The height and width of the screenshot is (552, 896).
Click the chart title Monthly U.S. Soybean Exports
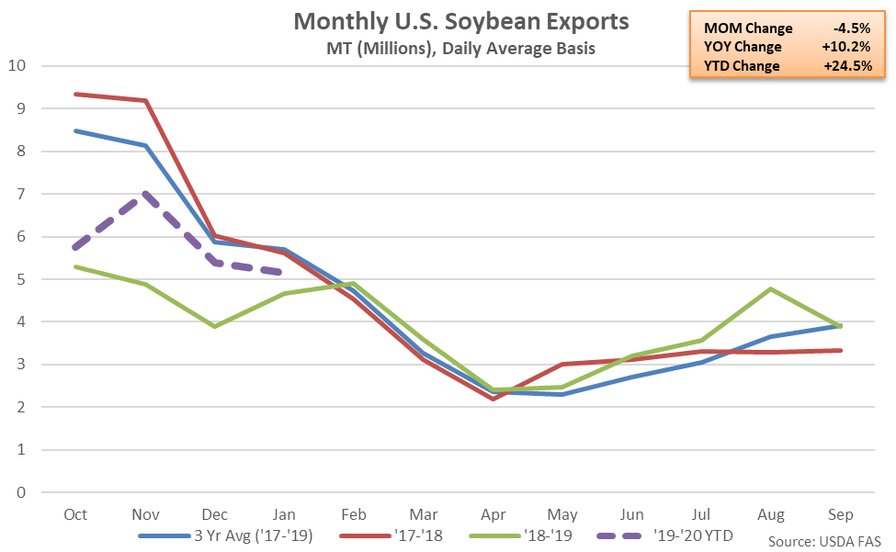[x=448, y=20]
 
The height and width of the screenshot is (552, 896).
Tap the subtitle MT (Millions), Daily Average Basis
[x=448, y=48]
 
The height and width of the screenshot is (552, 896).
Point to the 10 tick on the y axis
[x=17, y=66]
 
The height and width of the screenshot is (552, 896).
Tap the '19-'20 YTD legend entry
[x=689, y=535]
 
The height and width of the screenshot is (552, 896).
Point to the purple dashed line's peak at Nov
[x=145, y=194]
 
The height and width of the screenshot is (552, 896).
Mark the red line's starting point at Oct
[x=75, y=94]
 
